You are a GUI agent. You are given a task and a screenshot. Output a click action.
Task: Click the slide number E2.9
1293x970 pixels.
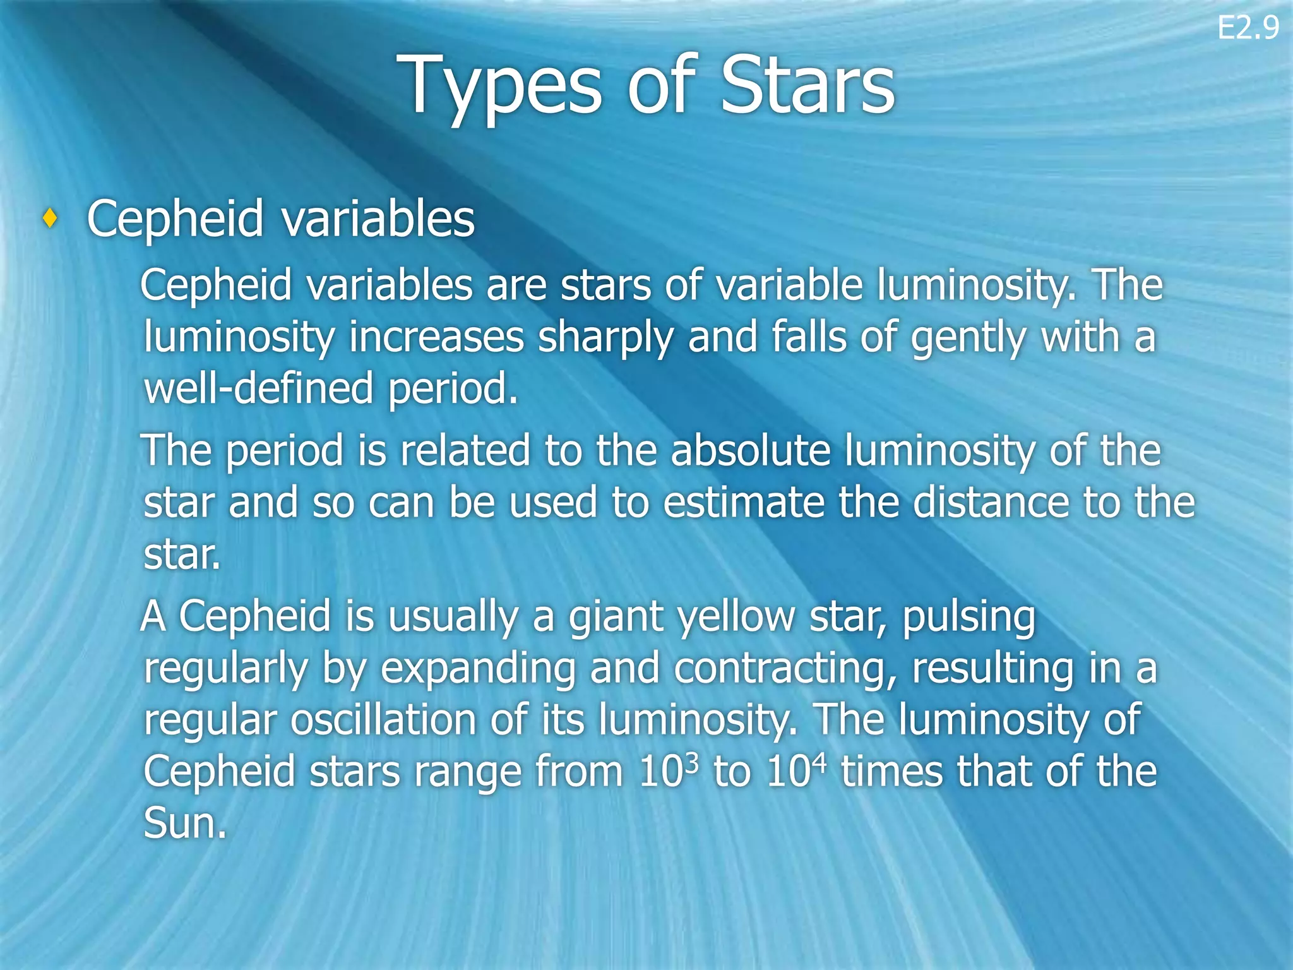click(x=1248, y=29)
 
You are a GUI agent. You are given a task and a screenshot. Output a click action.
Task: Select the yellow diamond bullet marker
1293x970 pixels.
click(x=50, y=219)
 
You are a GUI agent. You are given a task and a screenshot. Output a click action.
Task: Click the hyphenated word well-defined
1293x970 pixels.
click(x=258, y=388)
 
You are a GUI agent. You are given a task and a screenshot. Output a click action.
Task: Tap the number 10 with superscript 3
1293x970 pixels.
click(x=669, y=771)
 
